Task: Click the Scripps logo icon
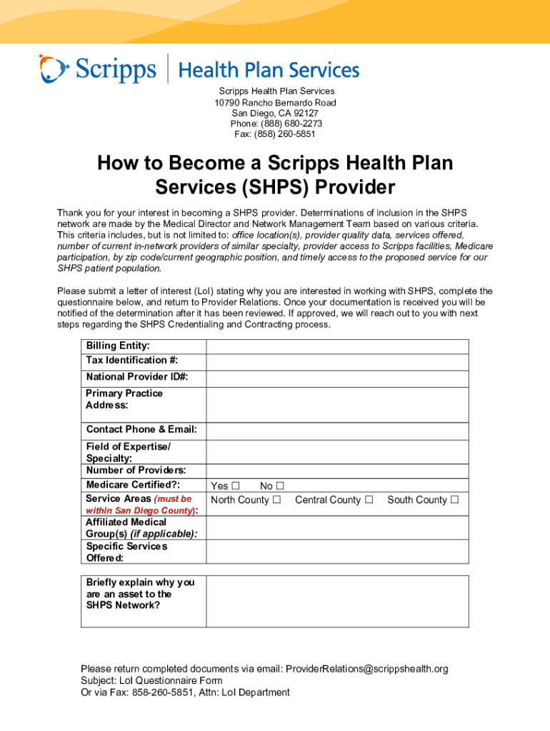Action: point(54,69)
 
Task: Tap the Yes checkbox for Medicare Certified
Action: point(235,486)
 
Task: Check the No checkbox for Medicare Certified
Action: point(280,486)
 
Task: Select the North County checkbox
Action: point(276,500)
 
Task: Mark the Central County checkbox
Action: point(369,500)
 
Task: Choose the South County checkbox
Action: point(454,500)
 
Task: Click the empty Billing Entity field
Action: point(337,346)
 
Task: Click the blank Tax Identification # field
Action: point(337,362)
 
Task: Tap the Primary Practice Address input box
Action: point(337,405)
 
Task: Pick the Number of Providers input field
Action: point(337,471)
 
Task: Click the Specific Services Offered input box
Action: point(337,552)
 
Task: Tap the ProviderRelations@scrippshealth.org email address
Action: point(366,669)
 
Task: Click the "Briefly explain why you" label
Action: point(139,583)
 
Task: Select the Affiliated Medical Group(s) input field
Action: point(337,528)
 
